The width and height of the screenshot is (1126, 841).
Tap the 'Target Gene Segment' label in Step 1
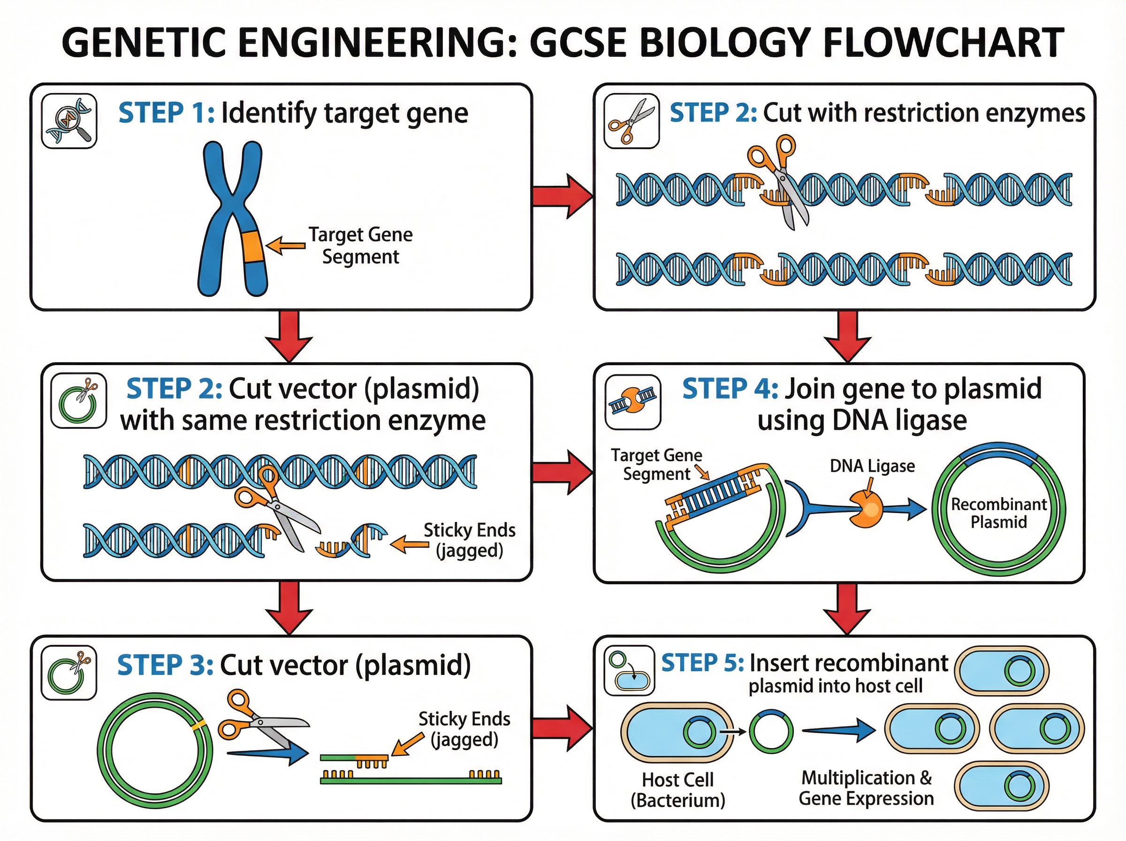tap(360, 245)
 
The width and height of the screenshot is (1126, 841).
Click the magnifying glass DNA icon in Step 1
tap(69, 121)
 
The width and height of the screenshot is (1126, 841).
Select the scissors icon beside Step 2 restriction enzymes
tap(631, 121)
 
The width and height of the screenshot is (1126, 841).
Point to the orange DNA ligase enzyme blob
tap(865, 509)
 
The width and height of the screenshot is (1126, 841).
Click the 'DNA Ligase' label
tap(872, 466)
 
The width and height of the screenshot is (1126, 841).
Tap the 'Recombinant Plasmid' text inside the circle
tap(999, 513)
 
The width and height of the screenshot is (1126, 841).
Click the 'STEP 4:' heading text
tap(730, 390)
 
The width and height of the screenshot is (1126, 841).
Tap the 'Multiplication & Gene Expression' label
tap(866, 788)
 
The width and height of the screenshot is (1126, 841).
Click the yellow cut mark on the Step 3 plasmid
tap(200, 723)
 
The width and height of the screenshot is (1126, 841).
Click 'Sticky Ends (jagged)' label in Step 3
tap(464, 729)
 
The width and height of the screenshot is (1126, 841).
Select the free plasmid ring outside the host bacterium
tap(771, 732)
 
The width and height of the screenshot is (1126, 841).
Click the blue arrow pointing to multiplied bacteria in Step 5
tap(839, 731)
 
